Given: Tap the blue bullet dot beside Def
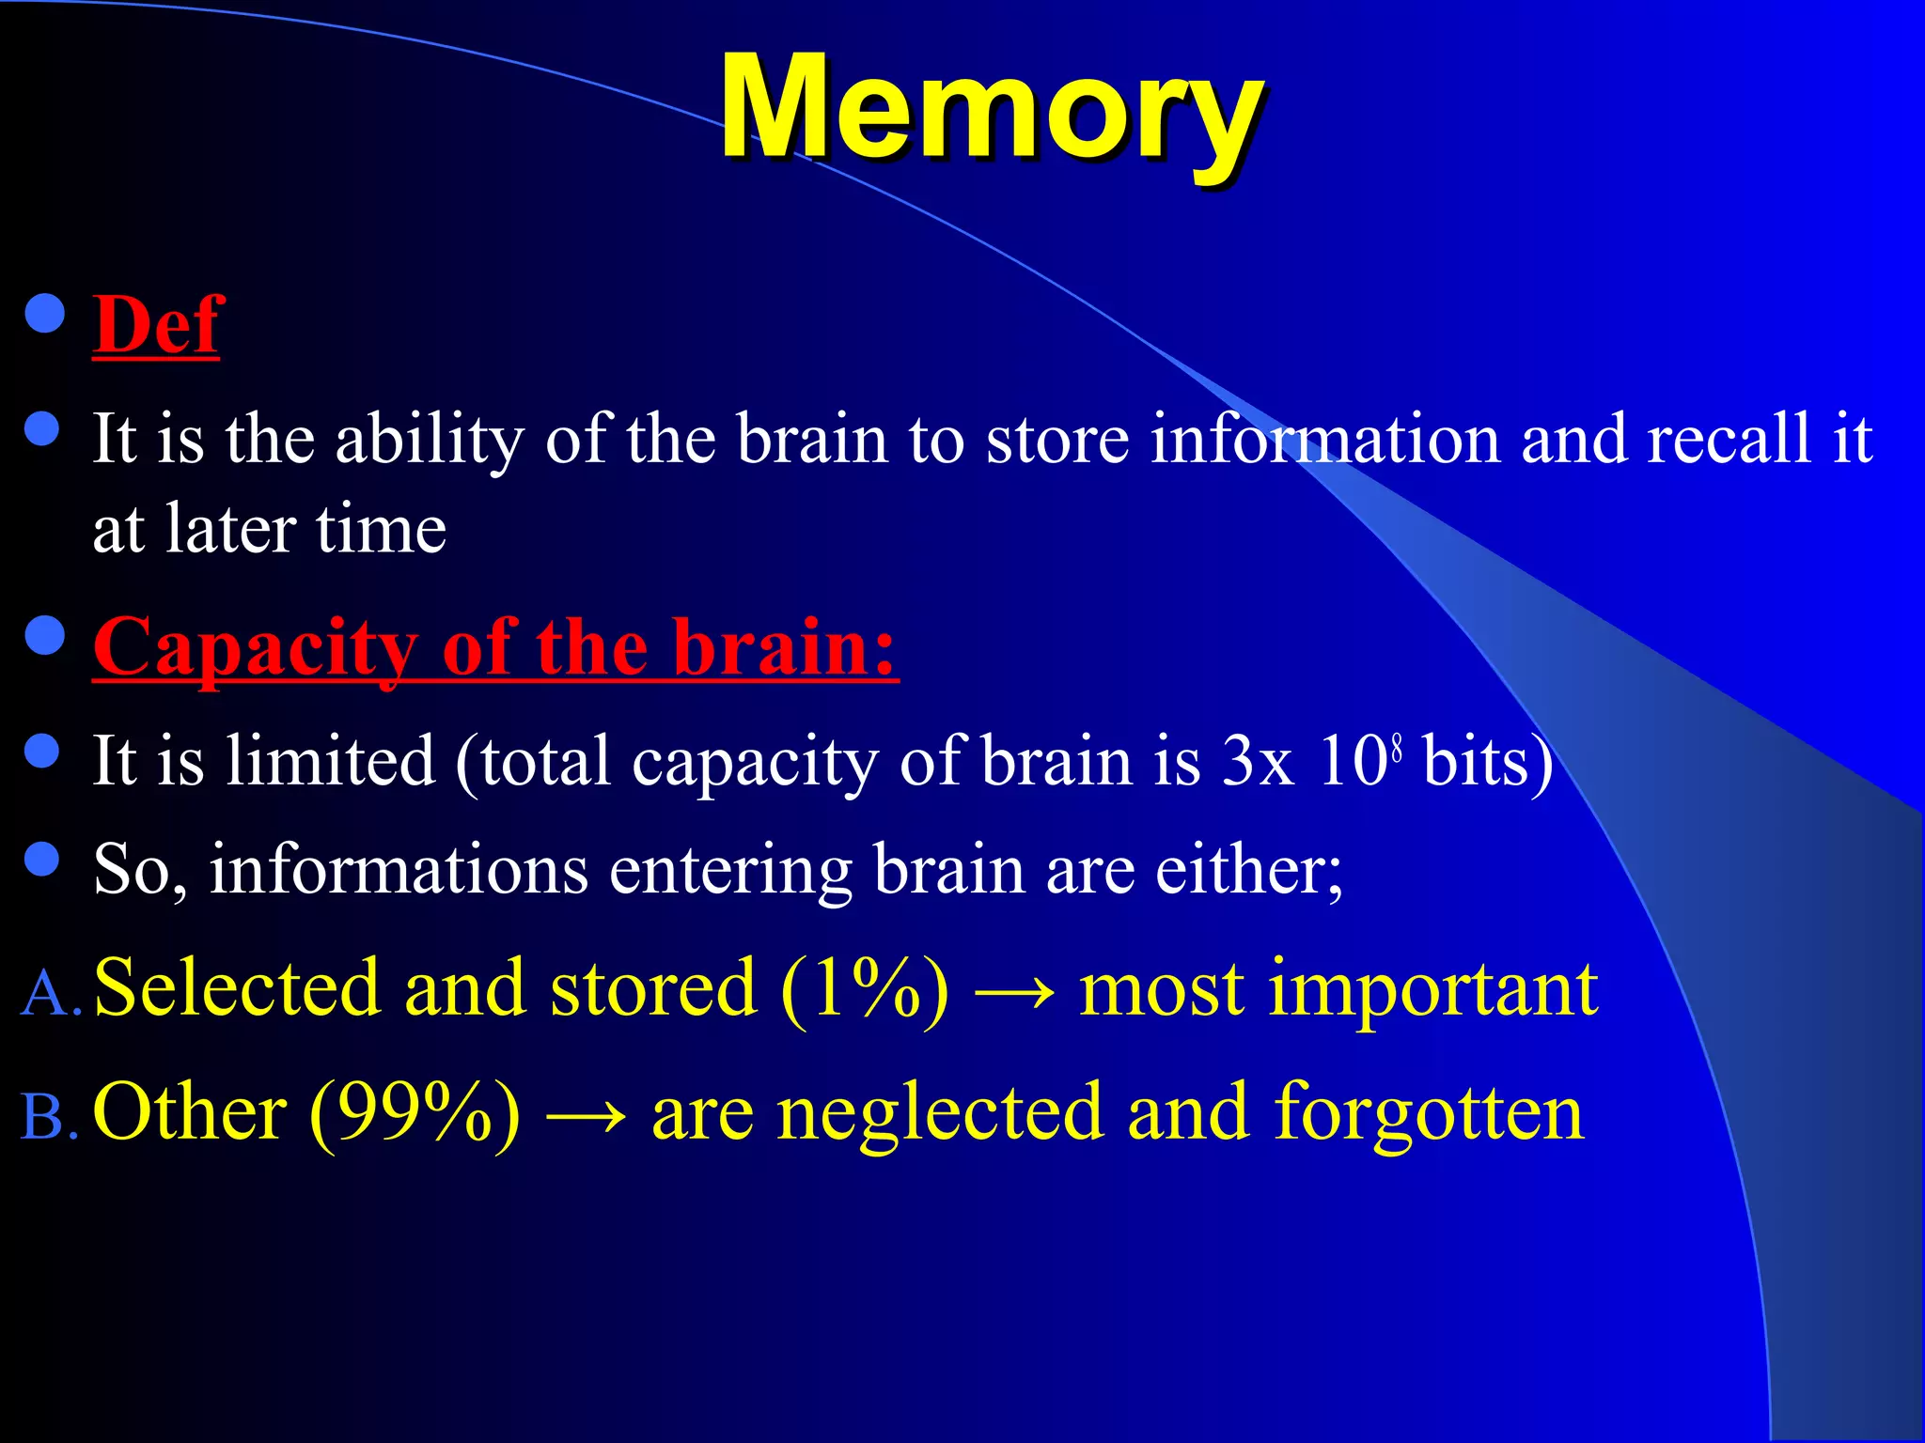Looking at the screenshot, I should click(44, 316).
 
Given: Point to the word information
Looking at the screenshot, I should click(1325, 440).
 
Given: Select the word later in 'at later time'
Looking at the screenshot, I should click(229, 529).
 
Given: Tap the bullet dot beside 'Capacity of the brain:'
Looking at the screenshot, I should click(44, 636).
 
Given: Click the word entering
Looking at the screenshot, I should click(730, 870).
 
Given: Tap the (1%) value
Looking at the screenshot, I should click(864, 989).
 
